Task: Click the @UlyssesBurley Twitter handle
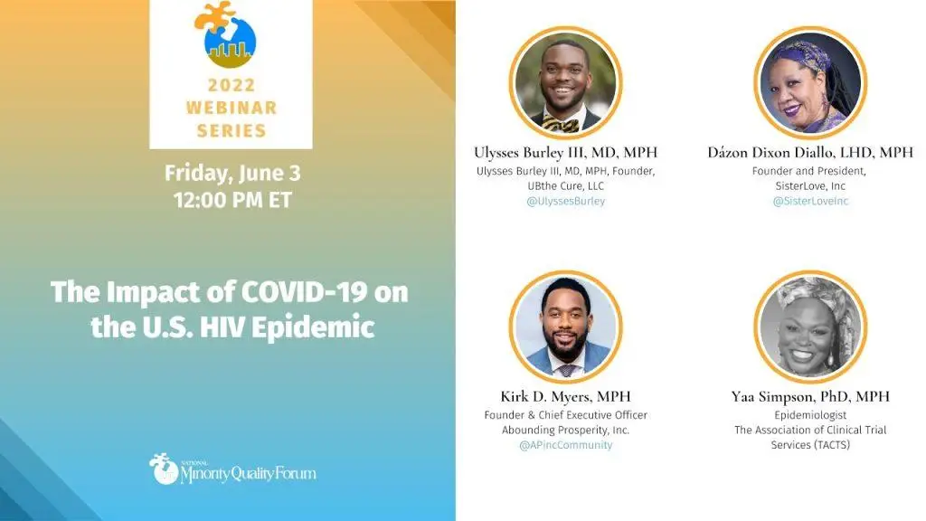566,201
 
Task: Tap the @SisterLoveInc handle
810,201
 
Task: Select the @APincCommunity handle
566,445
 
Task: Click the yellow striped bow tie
561,124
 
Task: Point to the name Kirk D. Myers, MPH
566,396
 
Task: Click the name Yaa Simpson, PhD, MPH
810,396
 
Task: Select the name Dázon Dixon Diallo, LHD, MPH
810,152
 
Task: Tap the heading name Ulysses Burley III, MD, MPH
566,152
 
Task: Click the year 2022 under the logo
231,85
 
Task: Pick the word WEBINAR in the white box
231,108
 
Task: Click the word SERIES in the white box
231,130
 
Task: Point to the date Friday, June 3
232,173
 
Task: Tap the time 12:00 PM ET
232,200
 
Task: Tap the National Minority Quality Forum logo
232,469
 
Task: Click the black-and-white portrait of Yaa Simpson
810,327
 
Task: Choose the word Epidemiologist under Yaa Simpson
810,415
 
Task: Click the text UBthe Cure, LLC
566,186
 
